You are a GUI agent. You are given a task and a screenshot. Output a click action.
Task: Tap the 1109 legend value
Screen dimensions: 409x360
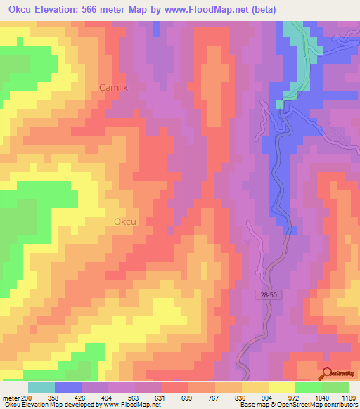347,397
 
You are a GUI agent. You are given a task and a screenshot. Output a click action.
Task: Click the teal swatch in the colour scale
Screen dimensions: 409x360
41,387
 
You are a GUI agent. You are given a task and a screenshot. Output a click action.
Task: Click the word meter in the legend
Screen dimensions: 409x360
9,397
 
